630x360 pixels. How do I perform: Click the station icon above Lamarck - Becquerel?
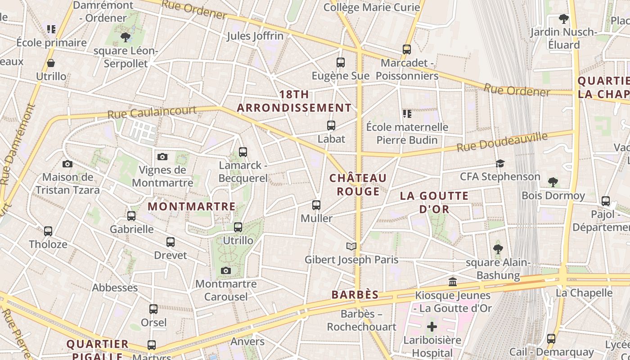[x=243, y=152]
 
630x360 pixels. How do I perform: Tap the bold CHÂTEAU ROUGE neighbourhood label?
[x=358, y=185]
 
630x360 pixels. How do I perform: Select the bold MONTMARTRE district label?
[x=192, y=207]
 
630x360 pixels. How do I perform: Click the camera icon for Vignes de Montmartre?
[x=162, y=157]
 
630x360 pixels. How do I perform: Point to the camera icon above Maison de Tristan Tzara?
[x=67, y=164]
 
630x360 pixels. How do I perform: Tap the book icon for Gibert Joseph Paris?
[x=351, y=246]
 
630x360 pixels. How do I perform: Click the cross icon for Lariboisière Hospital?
[x=432, y=327]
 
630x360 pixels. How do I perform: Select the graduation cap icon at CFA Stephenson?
[x=500, y=163]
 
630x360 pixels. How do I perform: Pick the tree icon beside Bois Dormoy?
[x=553, y=182]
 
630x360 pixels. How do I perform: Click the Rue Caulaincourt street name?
[x=152, y=112]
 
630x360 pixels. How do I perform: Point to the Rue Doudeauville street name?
[x=502, y=142]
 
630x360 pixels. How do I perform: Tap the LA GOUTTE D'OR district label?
[x=434, y=202]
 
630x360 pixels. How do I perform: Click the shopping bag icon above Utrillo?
[x=51, y=63]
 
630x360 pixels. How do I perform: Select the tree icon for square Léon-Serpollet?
[x=126, y=37]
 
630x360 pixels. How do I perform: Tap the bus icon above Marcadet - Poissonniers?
[x=407, y=49]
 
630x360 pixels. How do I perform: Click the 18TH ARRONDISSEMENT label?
[x=294, y=101]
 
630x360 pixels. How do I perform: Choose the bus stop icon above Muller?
[x=316, y=205]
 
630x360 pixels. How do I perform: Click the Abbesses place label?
[x=115, y=288]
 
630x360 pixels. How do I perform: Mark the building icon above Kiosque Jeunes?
[x=453, y=282]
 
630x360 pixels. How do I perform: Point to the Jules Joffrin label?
[x=255, y=36]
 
